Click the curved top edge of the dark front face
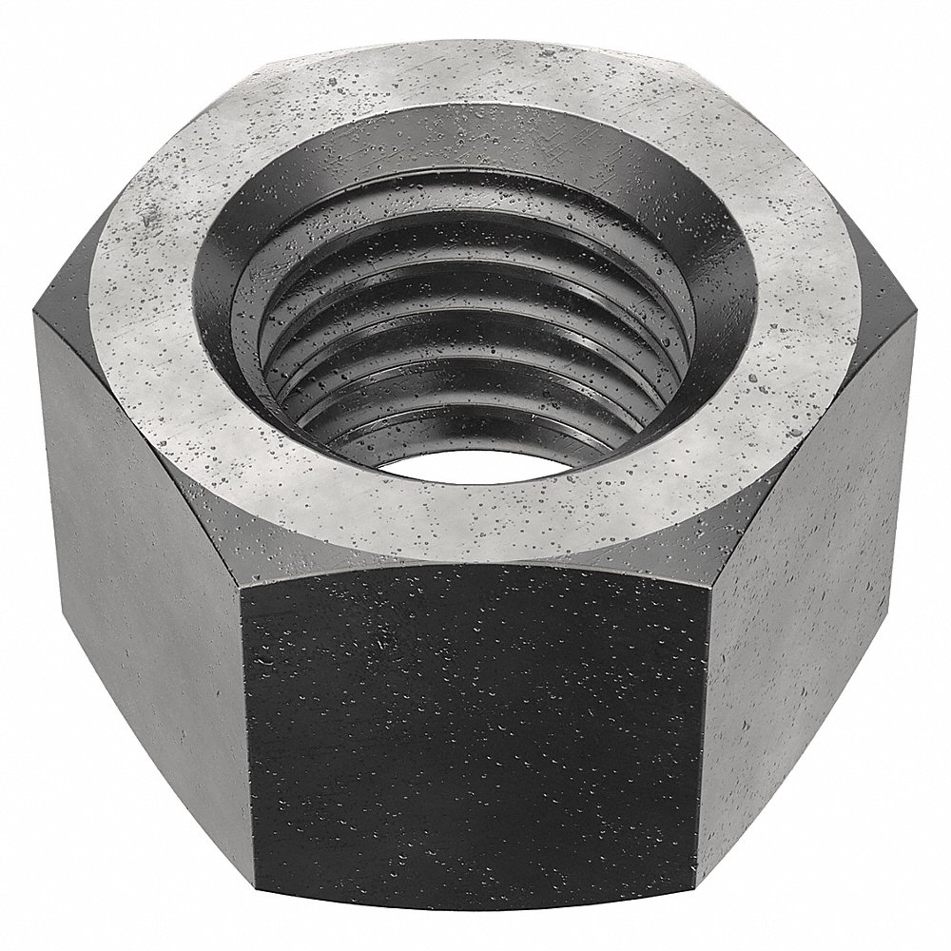click(x=475, y=565)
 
